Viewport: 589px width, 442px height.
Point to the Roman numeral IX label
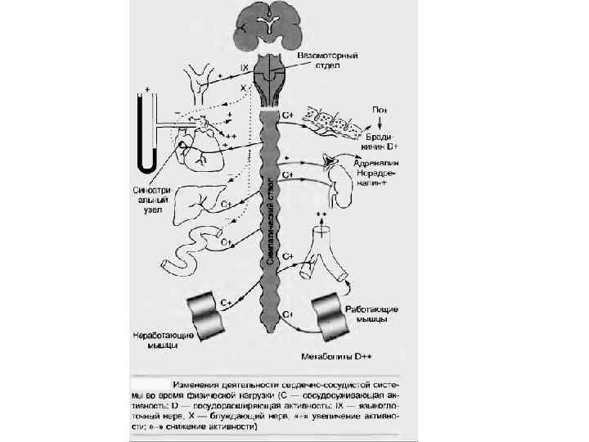[x=244, y=67]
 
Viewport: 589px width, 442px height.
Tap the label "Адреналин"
[x=375, y=163]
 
